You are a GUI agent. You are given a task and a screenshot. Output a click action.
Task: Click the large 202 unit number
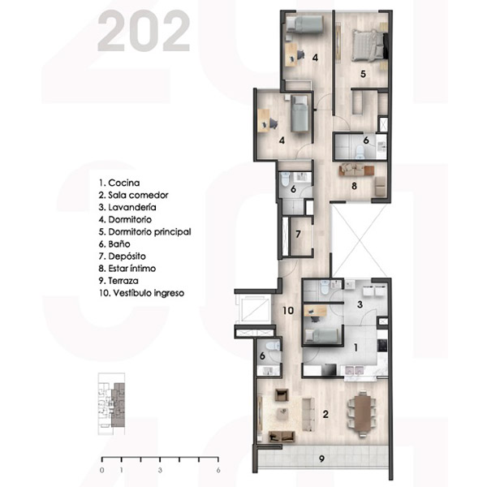pos(144,31)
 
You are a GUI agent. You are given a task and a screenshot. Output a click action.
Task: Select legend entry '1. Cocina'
pos(119,183)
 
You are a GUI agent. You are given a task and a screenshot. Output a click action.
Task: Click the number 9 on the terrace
pos(321,459)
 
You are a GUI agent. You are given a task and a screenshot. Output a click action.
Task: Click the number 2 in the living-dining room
pos(325,414)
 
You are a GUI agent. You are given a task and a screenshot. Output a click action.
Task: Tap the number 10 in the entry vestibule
pos(288,310)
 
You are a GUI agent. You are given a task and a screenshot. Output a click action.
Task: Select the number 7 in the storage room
pos(298,234)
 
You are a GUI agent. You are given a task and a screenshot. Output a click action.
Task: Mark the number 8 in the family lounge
pos(354,186)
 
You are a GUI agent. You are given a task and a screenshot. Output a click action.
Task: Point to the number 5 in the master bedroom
pos(363,74)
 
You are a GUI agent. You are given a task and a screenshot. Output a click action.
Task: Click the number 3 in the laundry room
pos(360,304)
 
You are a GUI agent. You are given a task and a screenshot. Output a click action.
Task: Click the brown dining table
pos(363,414)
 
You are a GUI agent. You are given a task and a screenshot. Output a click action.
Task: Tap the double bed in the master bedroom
pos(369,45)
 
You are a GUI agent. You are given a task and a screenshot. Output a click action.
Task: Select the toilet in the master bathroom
pos(360,153)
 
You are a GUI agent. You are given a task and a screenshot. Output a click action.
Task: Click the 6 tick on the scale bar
pos(218,459)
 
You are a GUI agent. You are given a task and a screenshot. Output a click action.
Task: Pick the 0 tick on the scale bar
pos(102,459)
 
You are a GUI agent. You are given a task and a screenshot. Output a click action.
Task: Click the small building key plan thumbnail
pos(111,403)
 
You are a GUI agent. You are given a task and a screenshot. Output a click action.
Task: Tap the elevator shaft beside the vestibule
pos(252,308)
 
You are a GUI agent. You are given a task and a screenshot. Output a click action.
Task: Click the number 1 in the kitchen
pos(356,347)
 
